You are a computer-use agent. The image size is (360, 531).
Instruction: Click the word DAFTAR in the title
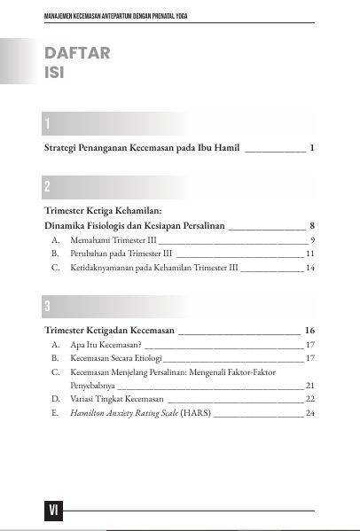tap(77, 52)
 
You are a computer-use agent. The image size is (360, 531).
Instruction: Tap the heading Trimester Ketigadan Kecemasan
tap(109, 330)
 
